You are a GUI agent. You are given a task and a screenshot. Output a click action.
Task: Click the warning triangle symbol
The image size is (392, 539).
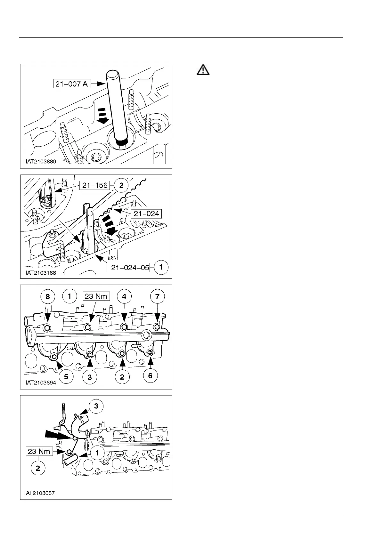(203, 70)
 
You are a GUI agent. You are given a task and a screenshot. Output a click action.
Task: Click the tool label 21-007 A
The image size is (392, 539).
(71, 84)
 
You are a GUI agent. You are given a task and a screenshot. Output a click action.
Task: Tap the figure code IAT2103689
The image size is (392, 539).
(41, 162)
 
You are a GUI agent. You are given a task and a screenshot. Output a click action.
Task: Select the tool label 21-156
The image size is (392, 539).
(95, 185)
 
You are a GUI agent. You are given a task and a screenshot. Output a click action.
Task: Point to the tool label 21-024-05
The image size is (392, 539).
(130, 268)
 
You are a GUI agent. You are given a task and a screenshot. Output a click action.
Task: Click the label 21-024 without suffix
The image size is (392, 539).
(146, 213)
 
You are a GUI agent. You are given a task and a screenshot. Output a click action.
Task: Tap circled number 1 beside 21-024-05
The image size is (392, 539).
(161, 267)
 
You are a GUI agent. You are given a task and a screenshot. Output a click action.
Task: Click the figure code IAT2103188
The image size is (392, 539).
(41, 273)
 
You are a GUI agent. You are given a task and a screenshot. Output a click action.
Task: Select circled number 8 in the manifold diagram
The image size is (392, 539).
(47, 297)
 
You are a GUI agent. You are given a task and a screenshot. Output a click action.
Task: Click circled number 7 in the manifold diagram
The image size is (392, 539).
(157, 297)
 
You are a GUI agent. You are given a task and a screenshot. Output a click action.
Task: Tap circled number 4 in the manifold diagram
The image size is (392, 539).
(124, 297)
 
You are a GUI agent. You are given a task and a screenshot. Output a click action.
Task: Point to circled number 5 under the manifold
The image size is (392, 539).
(66, 376)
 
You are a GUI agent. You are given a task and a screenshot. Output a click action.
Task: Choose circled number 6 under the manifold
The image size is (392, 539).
(150, 376)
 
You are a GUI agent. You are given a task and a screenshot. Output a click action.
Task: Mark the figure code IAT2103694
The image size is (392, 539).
(41, 383)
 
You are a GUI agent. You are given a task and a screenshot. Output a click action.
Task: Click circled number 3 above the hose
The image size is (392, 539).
(96, 406)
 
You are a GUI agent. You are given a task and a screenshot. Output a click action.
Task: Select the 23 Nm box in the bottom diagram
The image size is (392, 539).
(39, 452)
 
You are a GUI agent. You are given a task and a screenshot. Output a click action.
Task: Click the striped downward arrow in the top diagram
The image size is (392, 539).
(102, 116)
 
